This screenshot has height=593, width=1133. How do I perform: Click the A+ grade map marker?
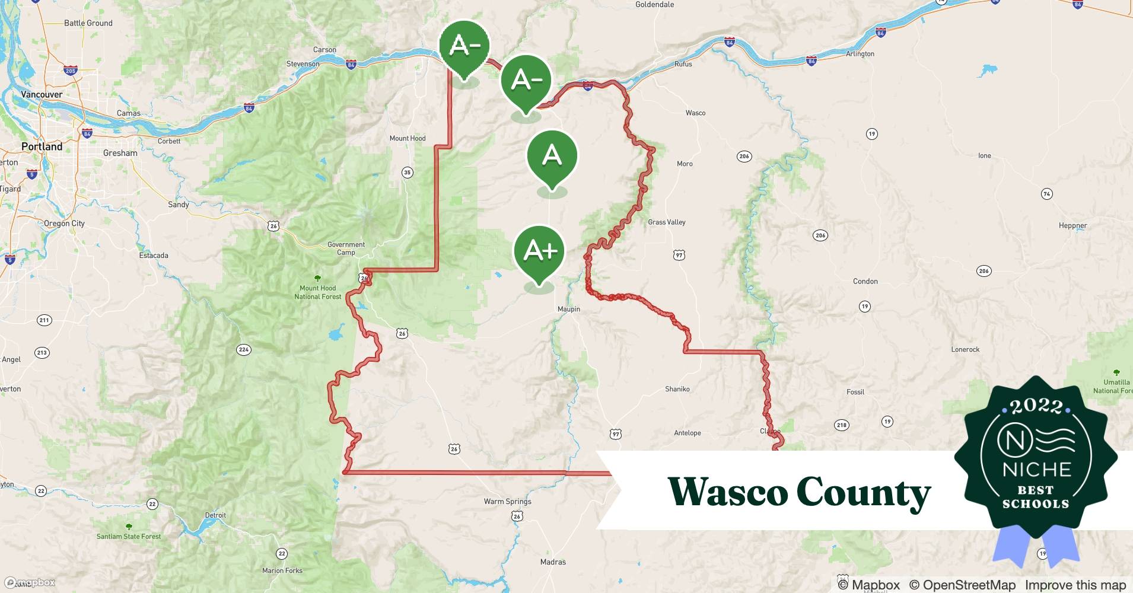pos(539,251)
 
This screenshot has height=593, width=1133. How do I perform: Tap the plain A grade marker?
pos(552,156)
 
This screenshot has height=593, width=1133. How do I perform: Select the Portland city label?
pos(42,146)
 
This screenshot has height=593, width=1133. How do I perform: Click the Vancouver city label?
pos(42,94)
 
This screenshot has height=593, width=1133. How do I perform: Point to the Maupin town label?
pos(568,309)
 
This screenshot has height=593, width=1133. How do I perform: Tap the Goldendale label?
pos(654,5)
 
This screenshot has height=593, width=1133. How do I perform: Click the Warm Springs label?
pos(507,501)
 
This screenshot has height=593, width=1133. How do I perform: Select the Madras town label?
pos(553,562)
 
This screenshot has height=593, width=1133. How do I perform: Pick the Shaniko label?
pos(677,389)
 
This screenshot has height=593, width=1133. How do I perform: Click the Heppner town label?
pos(1072,225)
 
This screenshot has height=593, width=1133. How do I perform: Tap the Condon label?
pos(865,281)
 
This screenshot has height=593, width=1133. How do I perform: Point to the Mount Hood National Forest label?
pos(318,292)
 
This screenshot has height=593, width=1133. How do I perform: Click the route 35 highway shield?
pos(407,173)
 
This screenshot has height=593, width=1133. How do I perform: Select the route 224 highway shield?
pos(243,349)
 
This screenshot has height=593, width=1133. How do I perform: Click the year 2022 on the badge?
pos(1036,406)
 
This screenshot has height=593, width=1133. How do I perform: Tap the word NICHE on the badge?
pos(1036,470)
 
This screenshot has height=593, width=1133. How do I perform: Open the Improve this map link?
pos(1075,585)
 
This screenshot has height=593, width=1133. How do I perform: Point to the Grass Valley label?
pos(666,222)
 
